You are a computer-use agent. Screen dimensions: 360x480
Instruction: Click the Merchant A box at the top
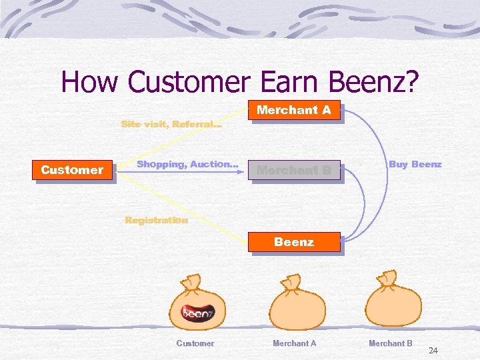(x=294, y=110)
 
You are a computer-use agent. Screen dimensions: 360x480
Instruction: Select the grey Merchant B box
(x=294, y=170)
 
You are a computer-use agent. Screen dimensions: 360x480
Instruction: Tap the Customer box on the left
(x=72, y=170)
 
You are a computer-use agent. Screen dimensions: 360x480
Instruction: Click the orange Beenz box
(x=294, y=242)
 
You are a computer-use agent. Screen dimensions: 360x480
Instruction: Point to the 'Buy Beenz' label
(x=415, y=164)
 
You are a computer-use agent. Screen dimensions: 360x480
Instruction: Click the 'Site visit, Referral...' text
(x=171, y=124)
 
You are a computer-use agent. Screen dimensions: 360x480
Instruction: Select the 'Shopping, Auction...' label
(x=187, y=164)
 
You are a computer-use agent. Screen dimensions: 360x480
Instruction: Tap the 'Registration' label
(x=157, y=220)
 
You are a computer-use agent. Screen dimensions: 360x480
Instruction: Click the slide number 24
(x=433, y=351)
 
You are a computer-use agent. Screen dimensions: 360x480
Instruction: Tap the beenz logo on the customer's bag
(x=198, y=312)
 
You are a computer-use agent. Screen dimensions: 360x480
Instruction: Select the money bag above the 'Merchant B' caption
(x=394, y=303)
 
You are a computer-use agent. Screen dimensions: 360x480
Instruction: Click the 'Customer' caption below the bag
(x=195, y=343)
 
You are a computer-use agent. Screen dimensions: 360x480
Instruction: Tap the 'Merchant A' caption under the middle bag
(x=294, y=343)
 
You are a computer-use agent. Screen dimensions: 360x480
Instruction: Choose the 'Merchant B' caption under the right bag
(x=391, y=343)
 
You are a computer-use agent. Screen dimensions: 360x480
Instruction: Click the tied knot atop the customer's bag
(x=191, y=283)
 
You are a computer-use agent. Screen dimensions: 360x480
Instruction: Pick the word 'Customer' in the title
(x=188, y=82)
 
